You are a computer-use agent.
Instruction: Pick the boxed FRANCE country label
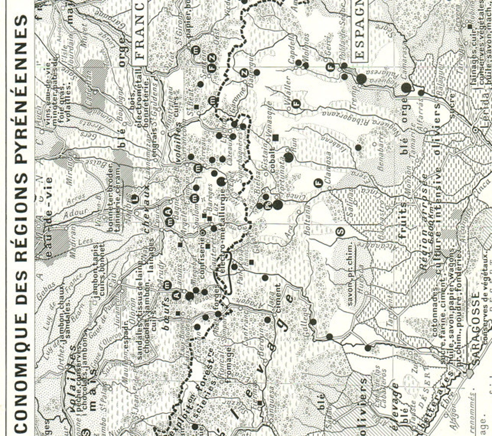tap(140, 32)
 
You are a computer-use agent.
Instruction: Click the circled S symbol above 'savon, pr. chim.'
tap(341, 232)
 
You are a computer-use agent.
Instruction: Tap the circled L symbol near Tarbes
tap(135, 199)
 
